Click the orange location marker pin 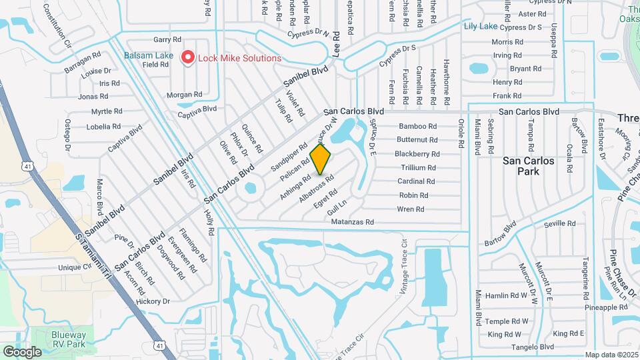pos(321,159)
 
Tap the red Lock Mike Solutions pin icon pos(187,58)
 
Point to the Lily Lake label pos(480,27)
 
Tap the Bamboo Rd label pos(417,126)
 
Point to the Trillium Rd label pos(417,167)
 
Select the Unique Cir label pos(74,267)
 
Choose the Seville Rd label pos(559,223)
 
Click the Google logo pos(22,351)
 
